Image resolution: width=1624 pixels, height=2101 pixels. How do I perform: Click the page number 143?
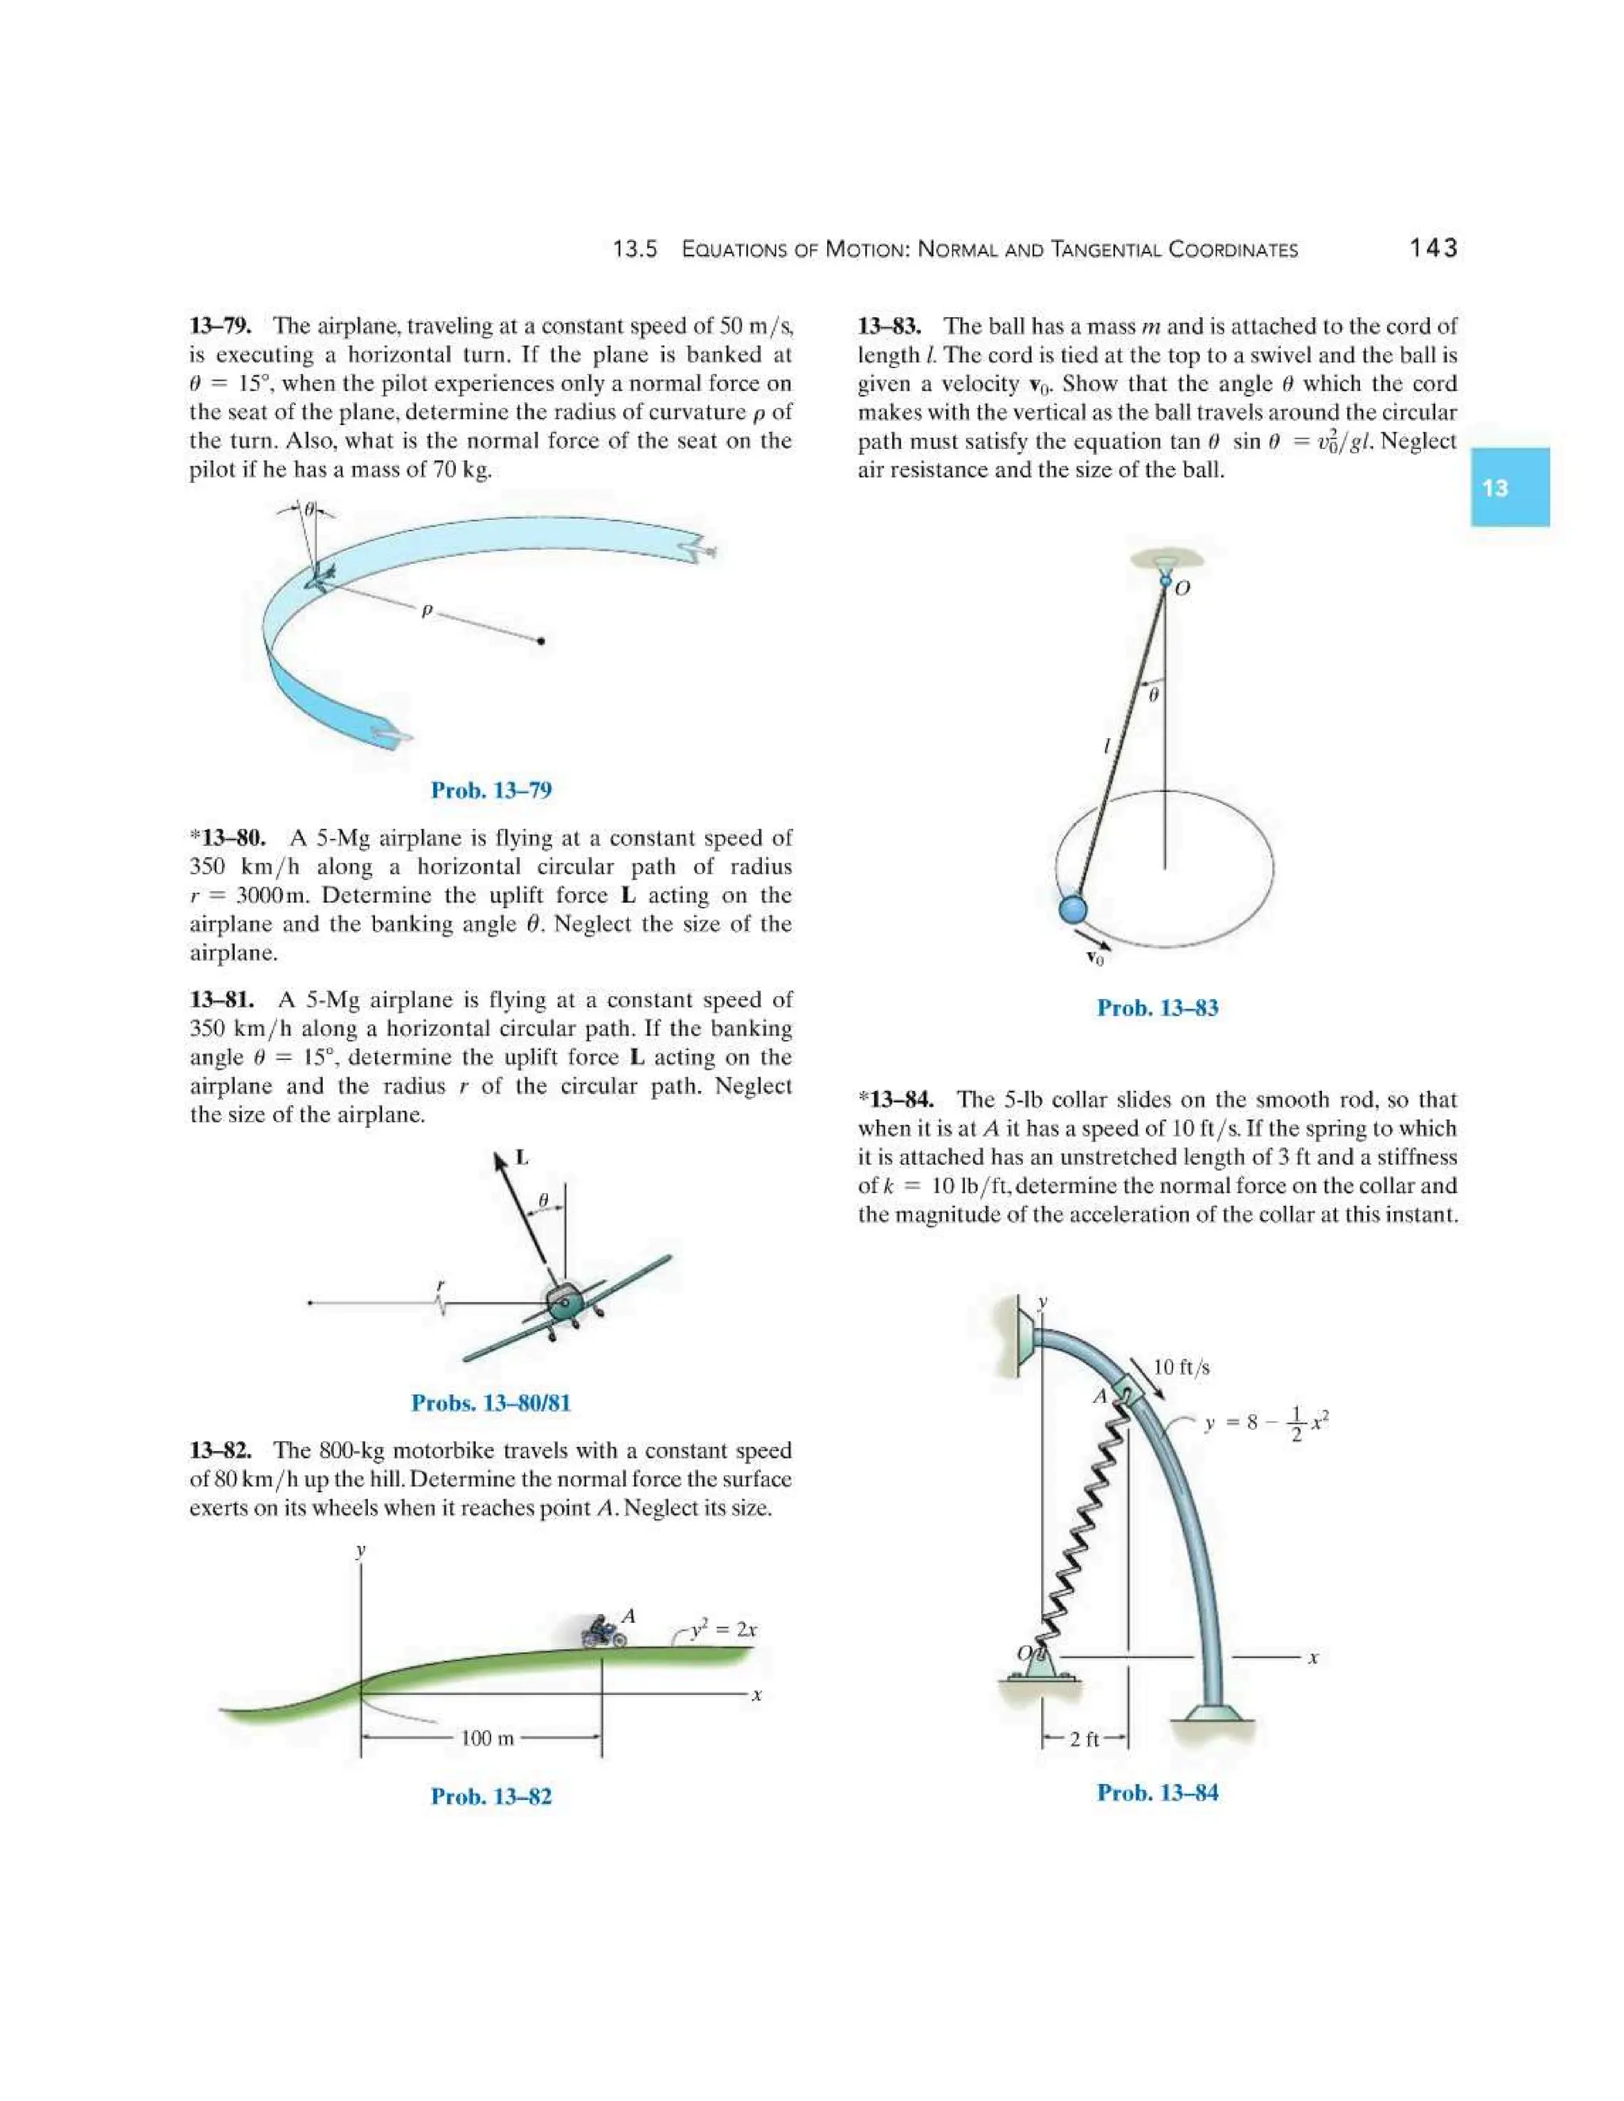1433,248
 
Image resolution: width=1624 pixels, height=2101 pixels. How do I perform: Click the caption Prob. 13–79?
491,790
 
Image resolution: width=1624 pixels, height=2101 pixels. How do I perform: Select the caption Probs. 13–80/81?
491,1403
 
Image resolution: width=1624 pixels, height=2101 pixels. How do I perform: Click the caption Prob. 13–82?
491,1796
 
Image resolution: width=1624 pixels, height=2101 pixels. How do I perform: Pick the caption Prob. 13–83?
1158,1008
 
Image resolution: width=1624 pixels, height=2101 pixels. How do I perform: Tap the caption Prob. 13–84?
1158,1793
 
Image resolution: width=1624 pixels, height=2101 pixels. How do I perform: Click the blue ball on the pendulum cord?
1072,908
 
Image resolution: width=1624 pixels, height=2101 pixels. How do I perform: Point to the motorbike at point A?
603,1632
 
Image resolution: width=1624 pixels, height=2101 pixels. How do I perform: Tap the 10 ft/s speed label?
1181,1367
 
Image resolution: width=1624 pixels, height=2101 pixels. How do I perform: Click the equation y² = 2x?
723,1628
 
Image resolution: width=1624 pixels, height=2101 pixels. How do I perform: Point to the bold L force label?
522,1158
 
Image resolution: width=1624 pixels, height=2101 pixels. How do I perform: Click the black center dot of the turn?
541,641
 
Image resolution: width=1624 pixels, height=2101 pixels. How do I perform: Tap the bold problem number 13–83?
889,326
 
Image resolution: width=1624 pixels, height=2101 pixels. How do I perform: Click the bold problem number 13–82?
220,1451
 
